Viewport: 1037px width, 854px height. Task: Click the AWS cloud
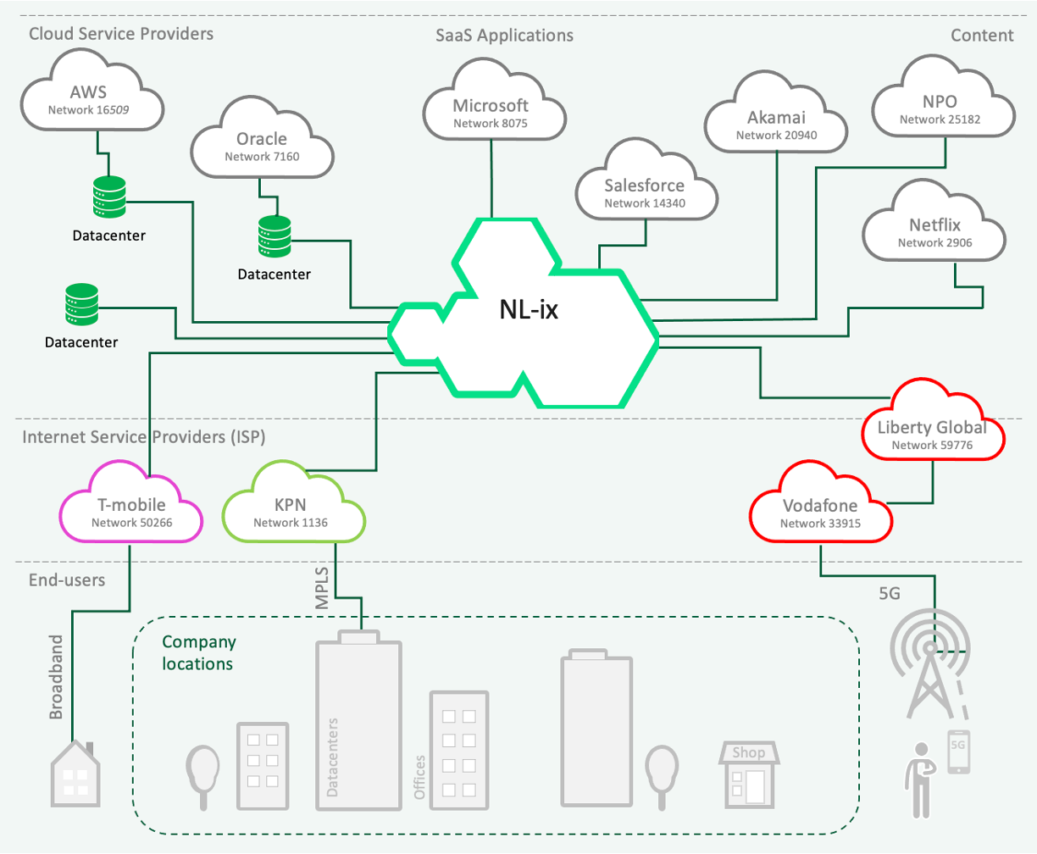point(89,98)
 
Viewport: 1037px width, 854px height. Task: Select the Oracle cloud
point(262,146)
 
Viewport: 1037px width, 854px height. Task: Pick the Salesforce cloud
point(645,192)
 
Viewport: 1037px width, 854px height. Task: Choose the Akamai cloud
point(776,124)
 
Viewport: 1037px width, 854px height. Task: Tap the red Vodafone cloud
point(820,512)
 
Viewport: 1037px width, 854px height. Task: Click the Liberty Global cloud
point(932,433)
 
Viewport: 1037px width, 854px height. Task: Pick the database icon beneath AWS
point(108,197)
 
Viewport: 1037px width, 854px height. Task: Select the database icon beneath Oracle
point(274,238)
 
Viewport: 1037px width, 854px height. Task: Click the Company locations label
point(198,652)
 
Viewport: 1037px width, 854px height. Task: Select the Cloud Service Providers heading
point(121,34)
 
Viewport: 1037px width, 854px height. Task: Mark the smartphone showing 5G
point(958,752)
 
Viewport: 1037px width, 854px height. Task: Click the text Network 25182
point(941,119)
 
